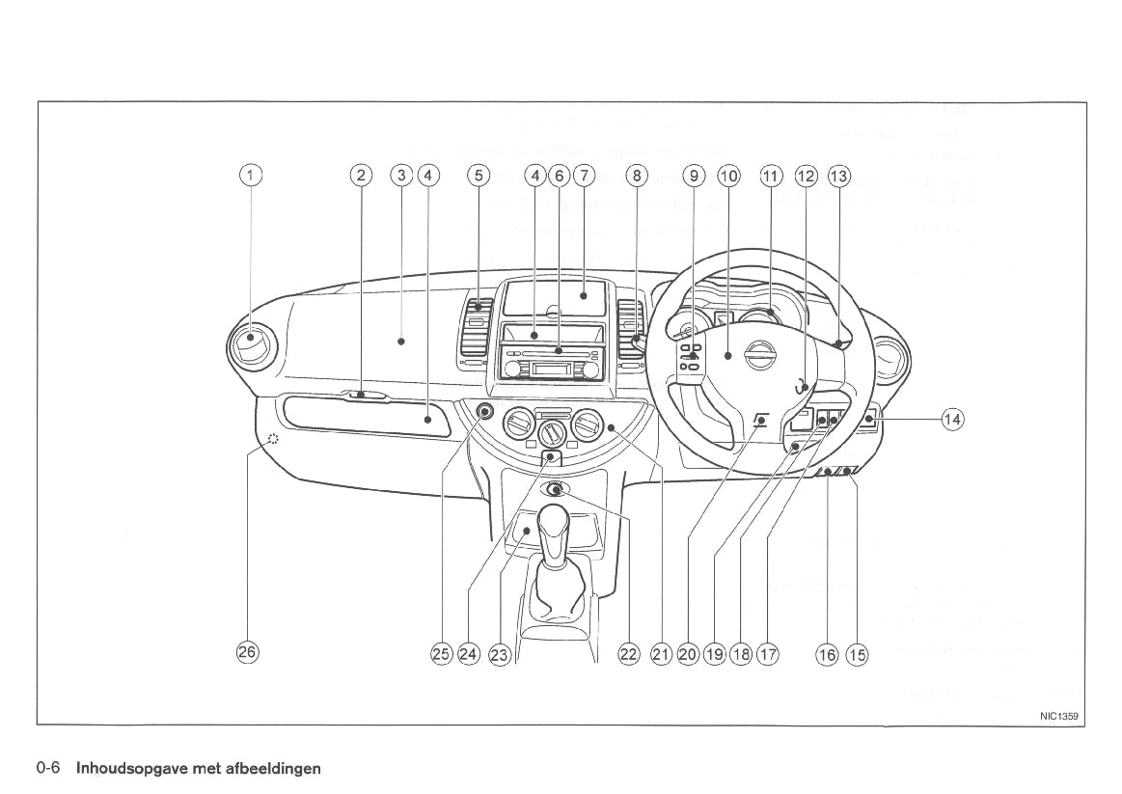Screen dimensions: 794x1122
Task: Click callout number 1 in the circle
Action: [x=251, y=176]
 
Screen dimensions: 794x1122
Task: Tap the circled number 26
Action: [x=248, y=652]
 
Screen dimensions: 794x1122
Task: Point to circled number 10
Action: [x=729, y=176]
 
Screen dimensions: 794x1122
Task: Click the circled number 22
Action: [x=628, y=654]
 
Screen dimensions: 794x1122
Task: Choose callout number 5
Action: [x=479, y=176]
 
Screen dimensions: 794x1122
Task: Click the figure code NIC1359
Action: [x=1058, y=717]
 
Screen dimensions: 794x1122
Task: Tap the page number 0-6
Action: [x=49, y=769]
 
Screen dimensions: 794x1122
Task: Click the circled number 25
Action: [x=442, y=654]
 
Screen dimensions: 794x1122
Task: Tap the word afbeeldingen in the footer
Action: [x=275, y=769]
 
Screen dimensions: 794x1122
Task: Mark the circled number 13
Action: [x=839, y=176]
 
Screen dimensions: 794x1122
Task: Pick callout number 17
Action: [x=768, y=654]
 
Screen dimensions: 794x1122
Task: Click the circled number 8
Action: [x=635, y=176]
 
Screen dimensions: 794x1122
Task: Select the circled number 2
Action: [x=360, y=176]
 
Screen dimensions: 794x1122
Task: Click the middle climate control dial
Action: [x=551, y=426]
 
